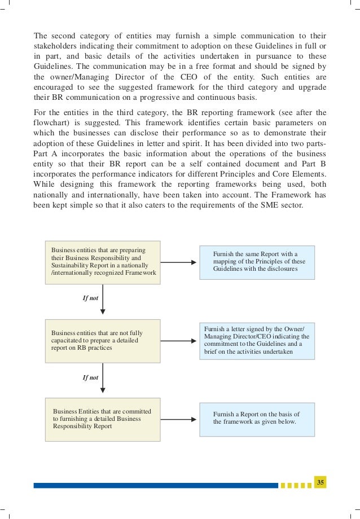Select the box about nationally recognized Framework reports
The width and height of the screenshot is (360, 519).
point(102,262)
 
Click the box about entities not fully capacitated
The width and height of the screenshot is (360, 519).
point(102,340)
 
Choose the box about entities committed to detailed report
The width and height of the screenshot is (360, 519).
point(102,419)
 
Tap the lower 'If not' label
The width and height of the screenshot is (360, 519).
point(90,377)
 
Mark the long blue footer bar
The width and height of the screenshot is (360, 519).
point(155,485)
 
